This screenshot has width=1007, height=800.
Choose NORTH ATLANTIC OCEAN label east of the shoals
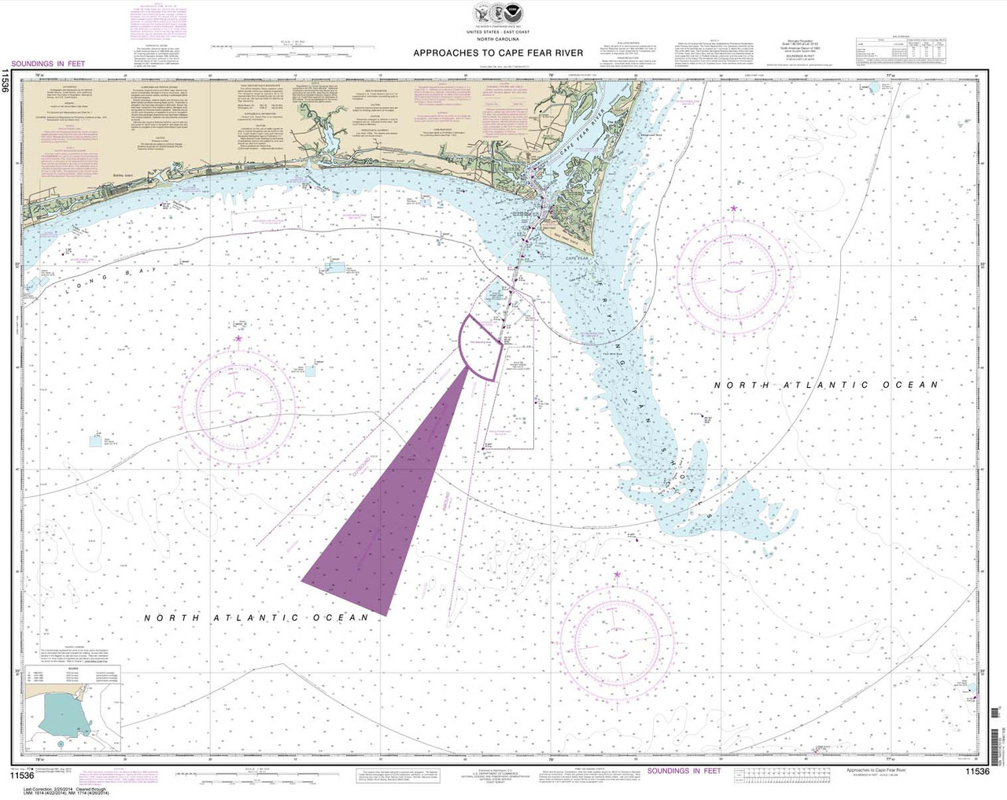(826, 385)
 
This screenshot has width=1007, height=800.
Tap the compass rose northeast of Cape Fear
(732, 278)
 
